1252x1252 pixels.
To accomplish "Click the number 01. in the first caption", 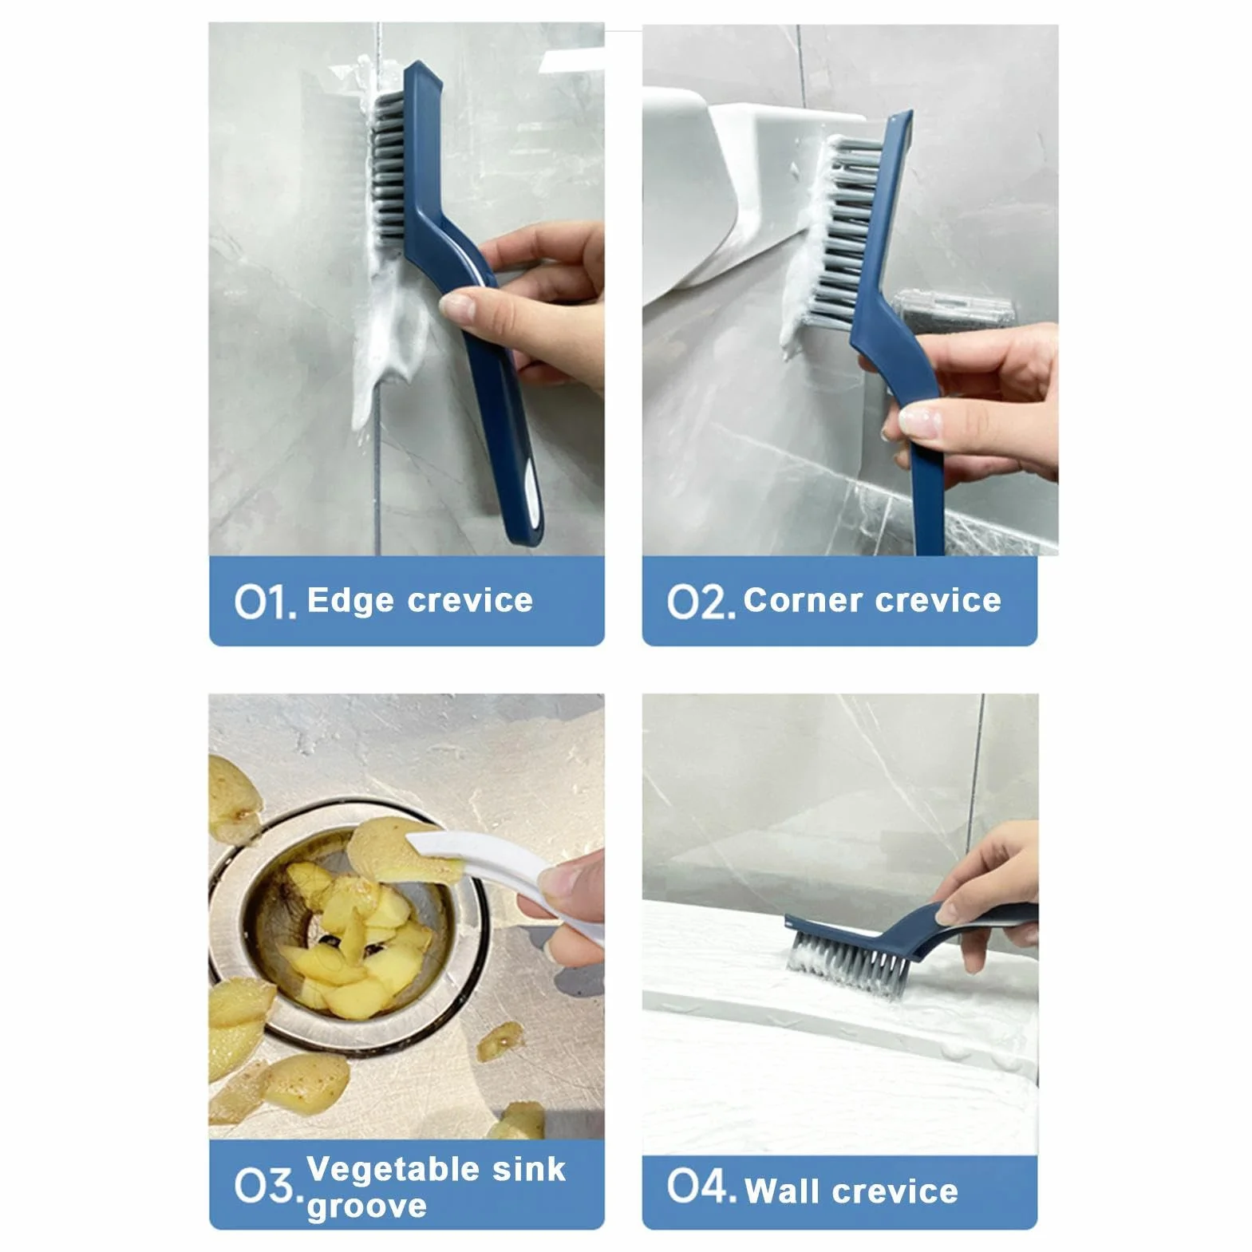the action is (x=265, y=602).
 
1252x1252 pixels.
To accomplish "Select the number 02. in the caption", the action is (x=701, y=602).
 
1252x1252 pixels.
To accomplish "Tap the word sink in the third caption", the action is (x=529, y=1170).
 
